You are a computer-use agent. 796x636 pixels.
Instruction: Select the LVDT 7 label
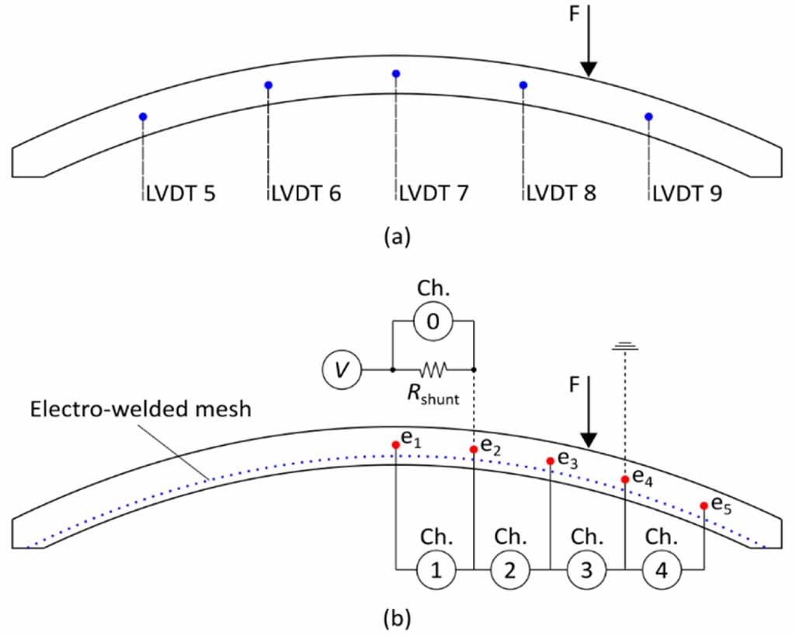(x=433, y=193)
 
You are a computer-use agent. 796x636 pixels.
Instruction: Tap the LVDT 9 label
(x=687, y=193)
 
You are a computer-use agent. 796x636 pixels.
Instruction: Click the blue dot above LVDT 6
(x=268, y=85)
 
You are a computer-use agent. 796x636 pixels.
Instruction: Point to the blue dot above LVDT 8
(x=523, y=85)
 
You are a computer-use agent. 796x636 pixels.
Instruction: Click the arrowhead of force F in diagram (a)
(x=589, y=69)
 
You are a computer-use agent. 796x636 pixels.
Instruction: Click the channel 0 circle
(x=433, y=319)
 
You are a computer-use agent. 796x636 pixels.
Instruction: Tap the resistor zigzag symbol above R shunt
(x=433, y=370)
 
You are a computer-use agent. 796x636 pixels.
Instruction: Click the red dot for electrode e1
(x=396, y=444)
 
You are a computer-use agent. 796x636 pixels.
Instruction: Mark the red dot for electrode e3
(x=550, y=460)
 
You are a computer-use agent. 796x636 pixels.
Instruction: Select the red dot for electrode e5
(x=703, y=506)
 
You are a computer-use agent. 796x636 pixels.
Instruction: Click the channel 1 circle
(x=436, y=571)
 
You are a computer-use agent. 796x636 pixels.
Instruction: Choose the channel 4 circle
(x=662, y=571)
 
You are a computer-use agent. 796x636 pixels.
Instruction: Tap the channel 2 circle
(x=510, y=571)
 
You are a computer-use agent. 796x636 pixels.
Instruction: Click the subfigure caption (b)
(x=397, y=620)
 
